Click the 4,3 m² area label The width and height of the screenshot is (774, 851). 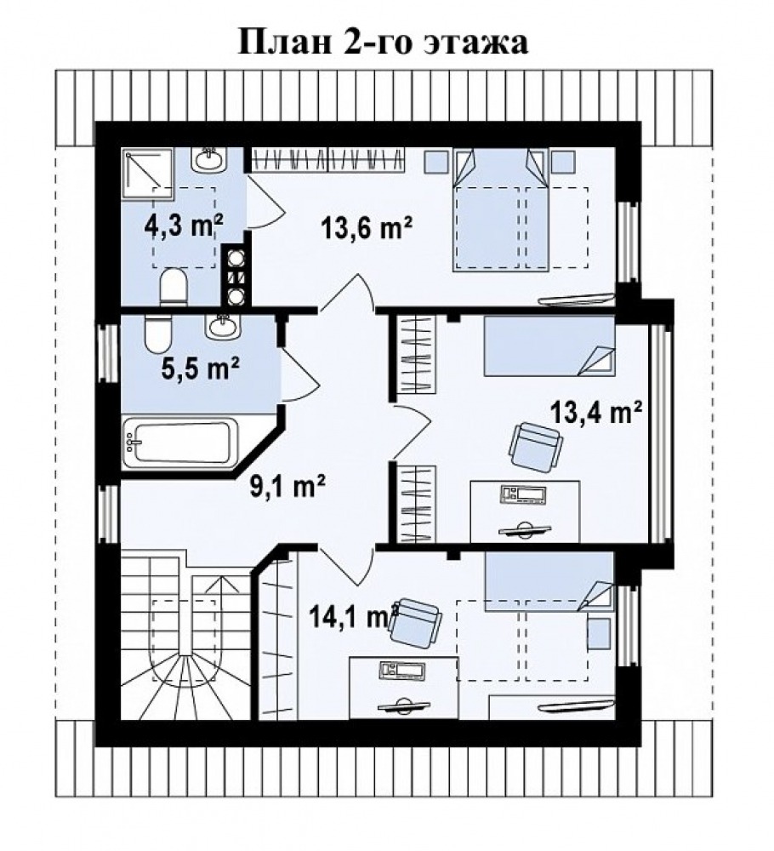tap(184, 226)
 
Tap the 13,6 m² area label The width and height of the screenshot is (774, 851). tap(367, 227)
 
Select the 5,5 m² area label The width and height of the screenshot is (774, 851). tap(201, 368)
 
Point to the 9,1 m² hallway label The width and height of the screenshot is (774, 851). tap(287, 486)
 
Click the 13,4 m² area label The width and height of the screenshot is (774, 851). tap(596, 413)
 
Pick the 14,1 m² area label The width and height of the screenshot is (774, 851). tap(354, 616)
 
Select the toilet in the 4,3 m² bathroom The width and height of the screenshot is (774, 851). tap(174, 286)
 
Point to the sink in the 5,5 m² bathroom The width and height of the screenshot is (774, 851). tap(221, 326)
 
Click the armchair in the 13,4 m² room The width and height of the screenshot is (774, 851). tap(535, 448)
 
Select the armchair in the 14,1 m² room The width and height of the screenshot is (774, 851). tap(415, 623)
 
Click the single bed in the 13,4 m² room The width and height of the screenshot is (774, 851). tap(549, 346)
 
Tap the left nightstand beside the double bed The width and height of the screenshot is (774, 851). tap(435, 162)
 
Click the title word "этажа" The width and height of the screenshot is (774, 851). tap(476, 43)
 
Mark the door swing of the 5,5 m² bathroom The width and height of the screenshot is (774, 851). tap(299, 374)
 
